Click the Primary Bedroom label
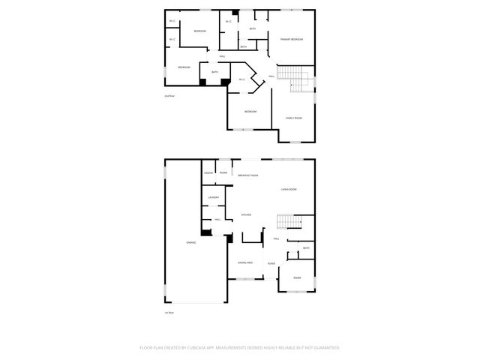click(x=292, y=38)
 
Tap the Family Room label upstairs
click(x=293, y=118)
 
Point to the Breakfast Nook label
click(x=248, y=175)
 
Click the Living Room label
click(x=289, y=190)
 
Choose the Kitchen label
click(x=245, y=215)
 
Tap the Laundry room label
click(x=213, y=197)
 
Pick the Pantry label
click(x=208, y=173)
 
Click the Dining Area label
click(x=244, y=263)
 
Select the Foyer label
click(x=271, y=263)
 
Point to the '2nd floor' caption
click(x=169, y=96)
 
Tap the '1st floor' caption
click(x=169, y=312)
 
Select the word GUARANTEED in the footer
click(x=326, y=347)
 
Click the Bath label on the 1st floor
click(x=305, y=248)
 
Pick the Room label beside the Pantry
click(x=223, y=173)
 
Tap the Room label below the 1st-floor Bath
click(x=297, y=277)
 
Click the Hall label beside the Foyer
click(x=276, y=239)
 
